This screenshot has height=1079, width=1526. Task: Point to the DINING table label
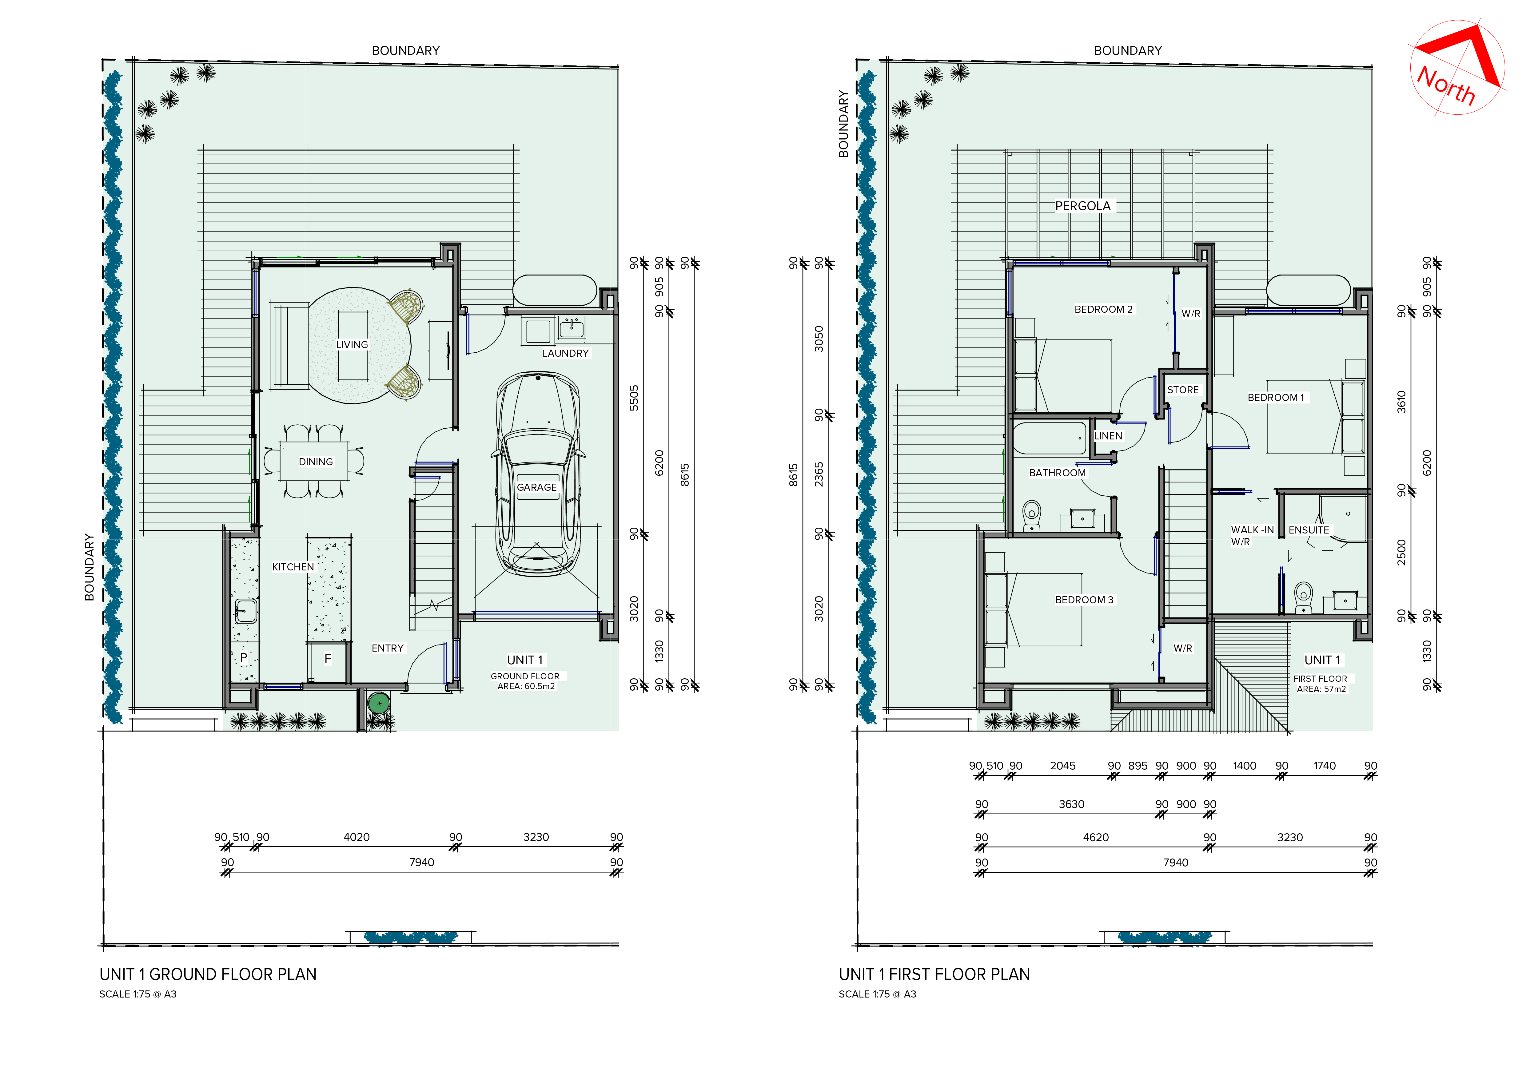point(316,462)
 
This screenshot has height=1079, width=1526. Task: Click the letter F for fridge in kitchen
point(328,658)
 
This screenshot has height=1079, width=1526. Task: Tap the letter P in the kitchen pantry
point(243,657)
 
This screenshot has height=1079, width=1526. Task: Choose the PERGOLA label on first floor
point(1083,206)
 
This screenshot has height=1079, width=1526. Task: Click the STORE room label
point(1183,390)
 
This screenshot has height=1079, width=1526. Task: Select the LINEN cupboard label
point(1108,436)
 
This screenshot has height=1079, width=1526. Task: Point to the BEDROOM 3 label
point(1084,600)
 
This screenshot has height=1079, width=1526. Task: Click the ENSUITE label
point(1309,530)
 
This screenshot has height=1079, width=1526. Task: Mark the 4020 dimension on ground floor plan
point(356,837)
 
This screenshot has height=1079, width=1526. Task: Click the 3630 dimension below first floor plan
point(1071,804)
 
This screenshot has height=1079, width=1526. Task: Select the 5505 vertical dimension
point(634,398)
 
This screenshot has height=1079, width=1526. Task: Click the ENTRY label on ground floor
point(388,649)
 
